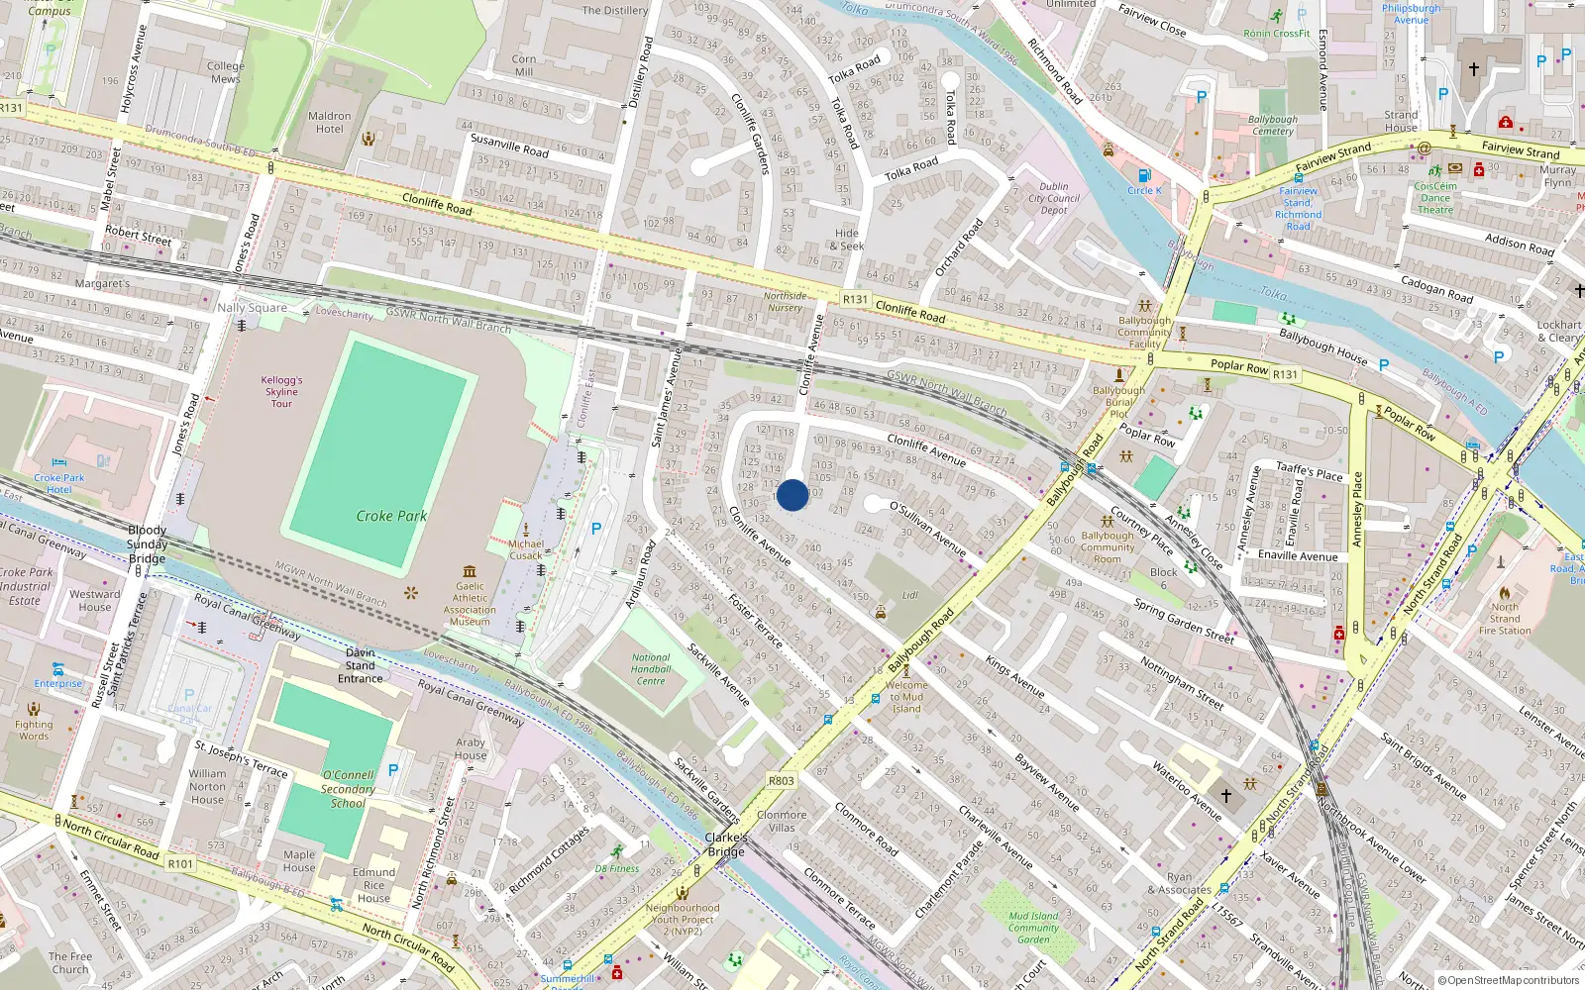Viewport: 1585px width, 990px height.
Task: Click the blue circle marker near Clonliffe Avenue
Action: click(792, 495)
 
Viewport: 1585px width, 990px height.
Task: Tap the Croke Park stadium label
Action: click(391, 516)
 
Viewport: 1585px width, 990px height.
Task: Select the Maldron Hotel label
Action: click(330, 123)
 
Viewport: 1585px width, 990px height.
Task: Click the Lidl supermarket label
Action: click(910, 595)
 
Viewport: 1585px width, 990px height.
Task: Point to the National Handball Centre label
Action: click(651, 669)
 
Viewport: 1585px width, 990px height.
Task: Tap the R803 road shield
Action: click(782, 781)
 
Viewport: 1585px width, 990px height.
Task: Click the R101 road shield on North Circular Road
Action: click(180, 863)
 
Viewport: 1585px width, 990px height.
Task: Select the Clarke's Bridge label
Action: click(726, 844)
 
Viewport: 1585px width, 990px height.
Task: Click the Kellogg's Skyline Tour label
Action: click(281, 391)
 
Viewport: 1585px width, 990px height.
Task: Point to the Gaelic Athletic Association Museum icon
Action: click(470, 571)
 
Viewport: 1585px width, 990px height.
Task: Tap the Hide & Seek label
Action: click(847, 240)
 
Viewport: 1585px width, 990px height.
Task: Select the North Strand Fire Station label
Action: click(1504, 619)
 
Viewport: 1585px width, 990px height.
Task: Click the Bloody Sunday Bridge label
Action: click(147, 544)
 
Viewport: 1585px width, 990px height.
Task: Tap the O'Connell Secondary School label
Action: click(348, 789)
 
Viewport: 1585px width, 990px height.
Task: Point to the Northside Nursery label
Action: click(785, 302)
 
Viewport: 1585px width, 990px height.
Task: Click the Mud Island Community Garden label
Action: click(1033, 928)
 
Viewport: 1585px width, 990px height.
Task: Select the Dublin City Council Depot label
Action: click(1054, 198)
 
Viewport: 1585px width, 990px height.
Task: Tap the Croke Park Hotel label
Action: click(59, 483)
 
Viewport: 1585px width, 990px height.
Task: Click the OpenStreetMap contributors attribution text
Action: click(1509, 980)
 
